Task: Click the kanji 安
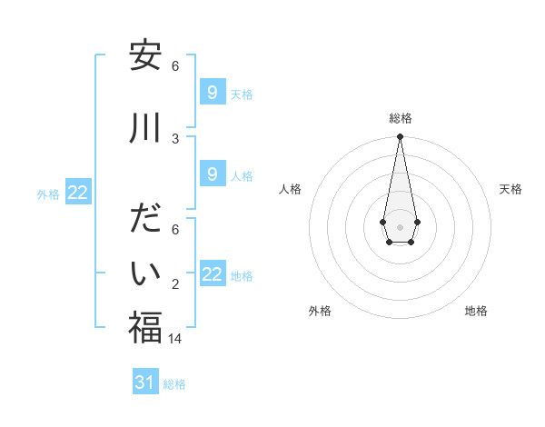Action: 145,57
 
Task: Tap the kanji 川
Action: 145,129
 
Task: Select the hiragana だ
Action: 145,221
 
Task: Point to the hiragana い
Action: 145,273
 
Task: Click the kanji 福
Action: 145,328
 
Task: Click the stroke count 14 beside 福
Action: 176,339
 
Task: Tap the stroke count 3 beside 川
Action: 175,138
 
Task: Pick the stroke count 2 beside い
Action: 175,284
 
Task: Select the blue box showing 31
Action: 145,382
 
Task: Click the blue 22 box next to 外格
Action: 78,192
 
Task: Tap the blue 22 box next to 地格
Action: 212,274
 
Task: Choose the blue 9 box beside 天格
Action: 212,92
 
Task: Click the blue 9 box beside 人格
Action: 212,174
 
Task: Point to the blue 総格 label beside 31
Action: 174,384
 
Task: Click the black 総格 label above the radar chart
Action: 400,118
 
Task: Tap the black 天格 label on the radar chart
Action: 510,189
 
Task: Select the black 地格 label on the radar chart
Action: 476,311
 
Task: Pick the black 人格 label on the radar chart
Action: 291,189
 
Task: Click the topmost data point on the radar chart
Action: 400,137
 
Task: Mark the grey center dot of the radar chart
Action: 400,226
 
